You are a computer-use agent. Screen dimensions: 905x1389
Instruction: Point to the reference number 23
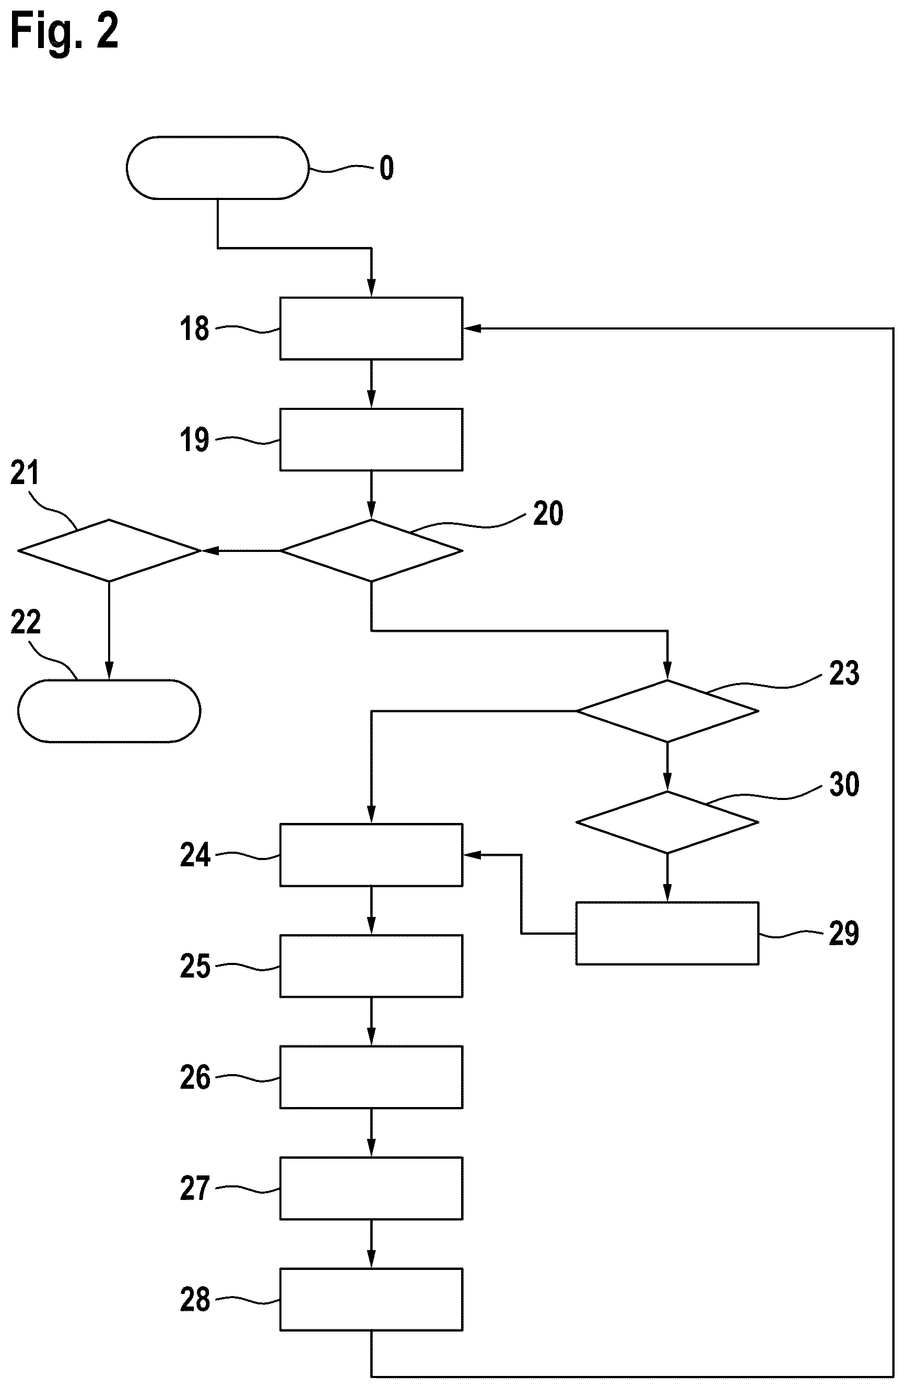tap(844, 674)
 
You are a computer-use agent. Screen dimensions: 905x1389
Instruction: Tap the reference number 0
tap(386, 168)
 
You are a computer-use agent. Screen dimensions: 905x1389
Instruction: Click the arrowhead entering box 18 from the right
tap(472, 328)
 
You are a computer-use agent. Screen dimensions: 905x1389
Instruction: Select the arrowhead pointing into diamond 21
tap(210, 550)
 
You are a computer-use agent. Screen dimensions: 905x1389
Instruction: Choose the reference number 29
tap(844, 933)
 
